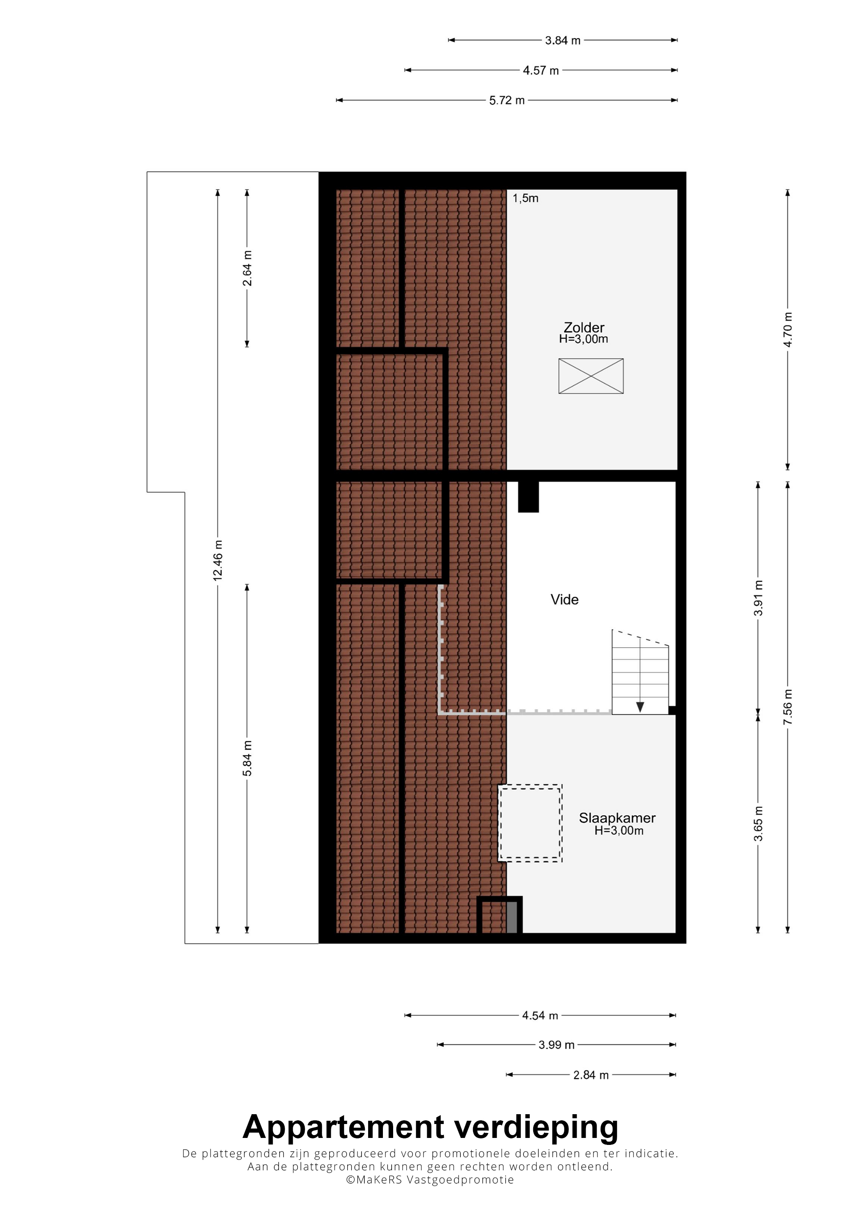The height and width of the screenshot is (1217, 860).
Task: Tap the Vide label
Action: [564, 600]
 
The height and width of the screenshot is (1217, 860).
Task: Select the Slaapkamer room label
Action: [617, 818]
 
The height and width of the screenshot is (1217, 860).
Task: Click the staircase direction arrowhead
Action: [640, 707]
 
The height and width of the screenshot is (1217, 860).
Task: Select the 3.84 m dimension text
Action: [563, 40]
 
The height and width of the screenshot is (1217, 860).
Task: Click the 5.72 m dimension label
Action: [507, 100]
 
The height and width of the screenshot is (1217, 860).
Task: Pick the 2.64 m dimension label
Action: [247, 268]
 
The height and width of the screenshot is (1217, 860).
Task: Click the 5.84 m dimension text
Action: [247, 759]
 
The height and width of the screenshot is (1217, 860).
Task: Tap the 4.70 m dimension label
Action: [788, 330]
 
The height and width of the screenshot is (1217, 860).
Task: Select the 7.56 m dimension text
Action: [788, 707]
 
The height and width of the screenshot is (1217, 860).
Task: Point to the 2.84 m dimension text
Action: [591, 1075]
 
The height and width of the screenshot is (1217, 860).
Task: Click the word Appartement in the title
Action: [343, 1127]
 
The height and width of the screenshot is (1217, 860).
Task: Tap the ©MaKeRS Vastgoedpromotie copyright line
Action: [430, 1180]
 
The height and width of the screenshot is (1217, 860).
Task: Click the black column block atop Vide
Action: [528, 496]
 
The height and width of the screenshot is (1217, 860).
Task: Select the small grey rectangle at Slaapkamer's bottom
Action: [512, 917]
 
